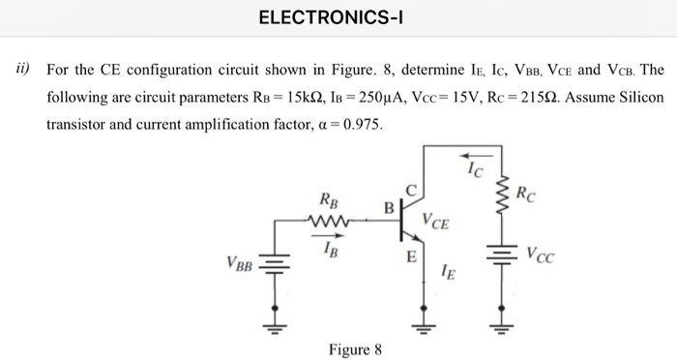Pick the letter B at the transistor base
click(x=389, y=208)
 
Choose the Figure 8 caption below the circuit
click(x=356, y=348)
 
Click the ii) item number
click(x=20, y=71)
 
